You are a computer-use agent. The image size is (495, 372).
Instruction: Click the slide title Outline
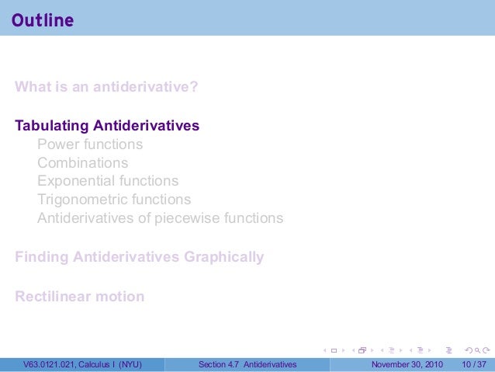[x=43, y=20]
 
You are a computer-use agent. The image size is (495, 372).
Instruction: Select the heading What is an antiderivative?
[x=106, y=86]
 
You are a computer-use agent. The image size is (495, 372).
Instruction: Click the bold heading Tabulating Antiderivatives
[x=107, y=125]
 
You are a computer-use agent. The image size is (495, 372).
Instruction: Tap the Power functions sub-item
[x=90, y=144]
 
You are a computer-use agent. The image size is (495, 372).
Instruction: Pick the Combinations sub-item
[x=83, y=163]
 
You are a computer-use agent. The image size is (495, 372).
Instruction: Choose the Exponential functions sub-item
[x=108, y=181]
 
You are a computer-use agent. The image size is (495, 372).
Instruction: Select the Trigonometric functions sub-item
[x=114, y=200]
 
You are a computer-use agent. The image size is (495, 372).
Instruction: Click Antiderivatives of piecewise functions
[x=160, y=218]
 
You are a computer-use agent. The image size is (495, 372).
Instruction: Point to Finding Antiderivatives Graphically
[x=140, y=257]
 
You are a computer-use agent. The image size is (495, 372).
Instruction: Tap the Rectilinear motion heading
[x=79, y=297]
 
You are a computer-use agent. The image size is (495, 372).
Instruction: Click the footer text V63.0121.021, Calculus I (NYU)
[x=82, y=363]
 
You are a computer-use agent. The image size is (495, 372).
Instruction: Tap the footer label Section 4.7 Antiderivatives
[x=247, y=363]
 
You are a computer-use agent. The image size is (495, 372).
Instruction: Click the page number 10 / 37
[x=472, y=363]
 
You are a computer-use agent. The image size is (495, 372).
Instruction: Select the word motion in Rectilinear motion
[x=119, y=297]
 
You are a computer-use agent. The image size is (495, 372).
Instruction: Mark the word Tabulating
[x=52, y=125]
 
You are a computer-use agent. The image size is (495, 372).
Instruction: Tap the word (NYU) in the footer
[x=129, y=363]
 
